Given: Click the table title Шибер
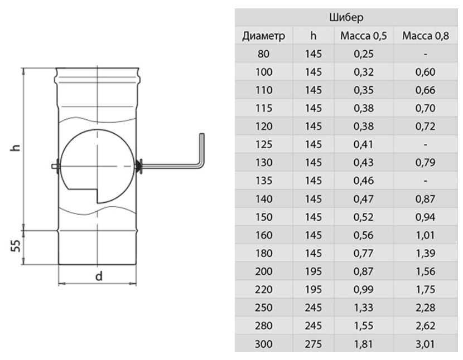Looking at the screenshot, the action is coord(346,17).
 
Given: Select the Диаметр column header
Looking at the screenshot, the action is coord(264,36).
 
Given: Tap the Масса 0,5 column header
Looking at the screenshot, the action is coord(364,36).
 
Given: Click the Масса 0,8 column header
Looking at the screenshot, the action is coord(426,36).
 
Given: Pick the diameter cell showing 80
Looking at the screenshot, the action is coord(263,54).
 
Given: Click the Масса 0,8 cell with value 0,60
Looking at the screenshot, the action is coord(425,72).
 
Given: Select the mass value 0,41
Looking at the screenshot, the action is coord(364,144).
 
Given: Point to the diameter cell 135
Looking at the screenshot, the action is coord(264,181).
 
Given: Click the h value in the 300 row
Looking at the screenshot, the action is coord(314,344).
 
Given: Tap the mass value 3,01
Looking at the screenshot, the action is coord(425,344).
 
